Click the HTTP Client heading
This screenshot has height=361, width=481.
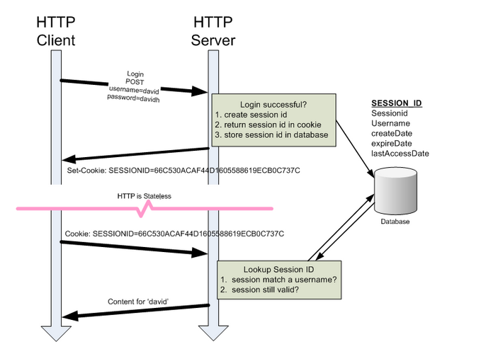(x=56, y=31)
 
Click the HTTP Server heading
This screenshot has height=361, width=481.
(x=213, y=31)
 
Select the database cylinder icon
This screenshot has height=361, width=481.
(x=395, y=190)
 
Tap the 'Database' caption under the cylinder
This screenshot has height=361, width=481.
(x=395, y=222)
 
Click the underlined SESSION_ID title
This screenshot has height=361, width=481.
(x=397, y=103)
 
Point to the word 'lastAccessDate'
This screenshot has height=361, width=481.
(x=400, y=154)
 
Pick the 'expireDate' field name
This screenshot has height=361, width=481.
(x=392, y=144)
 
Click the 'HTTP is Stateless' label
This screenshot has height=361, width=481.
(x=145, y=196)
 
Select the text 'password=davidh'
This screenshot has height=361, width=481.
(x=133, y=98)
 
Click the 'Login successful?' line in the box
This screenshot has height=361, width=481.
(x=273, y=105)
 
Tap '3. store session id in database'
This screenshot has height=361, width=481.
(x=271, y=134)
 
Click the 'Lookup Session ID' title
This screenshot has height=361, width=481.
(x=279, y=270)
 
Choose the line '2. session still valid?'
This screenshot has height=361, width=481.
(x=259, y=290)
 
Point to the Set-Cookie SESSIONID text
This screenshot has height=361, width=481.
(x=183, y=171)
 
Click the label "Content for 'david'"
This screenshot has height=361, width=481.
(x=138, y=302)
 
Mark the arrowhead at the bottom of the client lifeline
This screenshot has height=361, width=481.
(x=56, y=333)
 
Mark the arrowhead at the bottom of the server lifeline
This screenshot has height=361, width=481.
(x=213, y=333)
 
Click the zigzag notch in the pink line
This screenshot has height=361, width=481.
(x=145, y=209)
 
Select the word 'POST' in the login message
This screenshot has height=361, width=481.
(x=135, y=82)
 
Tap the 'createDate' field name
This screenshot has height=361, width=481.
(x=392, y=133)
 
